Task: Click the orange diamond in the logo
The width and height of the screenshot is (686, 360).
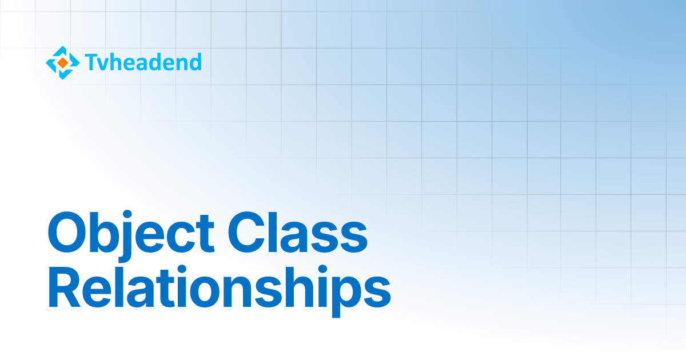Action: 63,62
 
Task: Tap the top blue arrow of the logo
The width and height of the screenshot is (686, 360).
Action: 63,50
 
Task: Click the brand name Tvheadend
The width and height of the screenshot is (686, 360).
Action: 143,62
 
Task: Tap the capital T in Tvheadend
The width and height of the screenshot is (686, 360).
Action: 90,62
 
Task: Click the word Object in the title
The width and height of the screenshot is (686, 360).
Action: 131,234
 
